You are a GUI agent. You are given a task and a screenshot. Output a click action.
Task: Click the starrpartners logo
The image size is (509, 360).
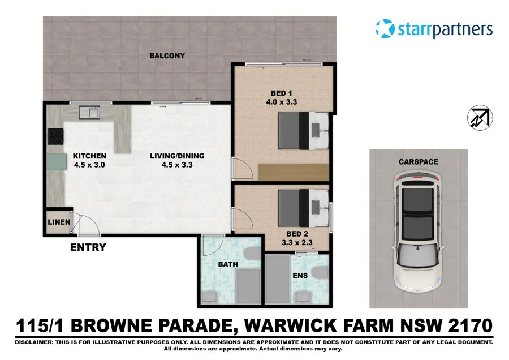(x=434, y=29)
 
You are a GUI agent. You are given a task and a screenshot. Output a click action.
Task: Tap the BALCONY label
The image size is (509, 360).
(x=167, y=56)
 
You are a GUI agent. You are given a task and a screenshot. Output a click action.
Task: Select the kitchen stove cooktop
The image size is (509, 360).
(x=55, y=136)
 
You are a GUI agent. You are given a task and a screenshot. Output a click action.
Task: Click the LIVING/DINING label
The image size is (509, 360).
(x=177, y=156)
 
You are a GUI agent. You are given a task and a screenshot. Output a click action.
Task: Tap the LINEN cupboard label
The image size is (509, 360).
(x=59, y=222)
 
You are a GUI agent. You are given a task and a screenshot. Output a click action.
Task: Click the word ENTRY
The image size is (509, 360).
(x=88, y=247)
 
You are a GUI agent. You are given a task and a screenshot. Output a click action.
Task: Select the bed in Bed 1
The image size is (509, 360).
(x=303, y=130)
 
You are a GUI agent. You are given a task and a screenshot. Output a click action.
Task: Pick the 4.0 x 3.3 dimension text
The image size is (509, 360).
(x=282, y=102)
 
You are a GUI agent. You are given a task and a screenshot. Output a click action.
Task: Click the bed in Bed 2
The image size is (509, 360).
(x=303, y=208)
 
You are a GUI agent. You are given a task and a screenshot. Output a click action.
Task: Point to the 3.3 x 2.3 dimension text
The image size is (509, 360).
(x=297, y=243)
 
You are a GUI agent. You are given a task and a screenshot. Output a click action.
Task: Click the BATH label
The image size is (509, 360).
(x=228, y=264)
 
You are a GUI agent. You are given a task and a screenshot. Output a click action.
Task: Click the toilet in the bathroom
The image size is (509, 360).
(x=249, y=255)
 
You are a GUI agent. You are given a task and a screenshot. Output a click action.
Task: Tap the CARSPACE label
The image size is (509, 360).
(x=419, y=162)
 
